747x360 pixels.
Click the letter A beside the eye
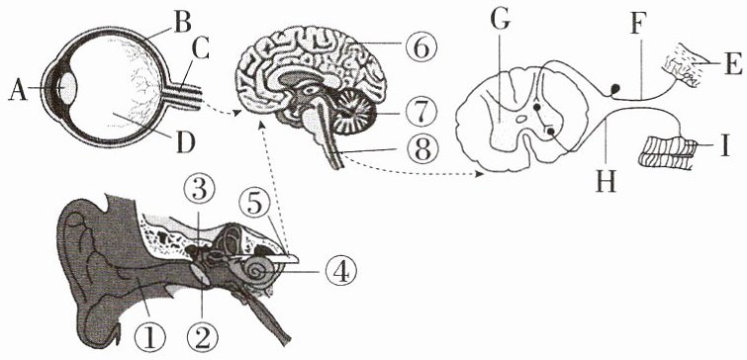pyautogui.click(x=18, y=90)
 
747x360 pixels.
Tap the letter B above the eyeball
pyautogui.click(x=182, y=23)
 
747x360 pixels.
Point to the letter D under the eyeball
pyautogui.click(x=186, y=142)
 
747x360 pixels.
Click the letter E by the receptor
pyautogui.click(x=733, y=64)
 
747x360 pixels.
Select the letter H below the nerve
pyautogui.click(x=606, y=180)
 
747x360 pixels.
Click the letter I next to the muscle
pyautogui.click(x=724, y=146)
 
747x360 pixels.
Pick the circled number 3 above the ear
pyautogui.click(x=199, y=192)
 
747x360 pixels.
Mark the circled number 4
pyautogui.click(x=341, y=271)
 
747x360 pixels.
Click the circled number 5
pyautogui.click(x=256, y=206)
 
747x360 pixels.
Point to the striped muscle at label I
pyautogui.click(x=667, y=151)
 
